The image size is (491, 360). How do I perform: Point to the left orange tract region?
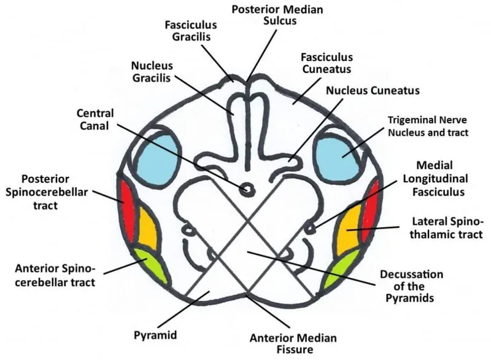[147, 229]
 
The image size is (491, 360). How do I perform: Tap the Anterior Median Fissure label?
[284, 344]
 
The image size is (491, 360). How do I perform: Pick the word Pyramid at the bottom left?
[155, 335]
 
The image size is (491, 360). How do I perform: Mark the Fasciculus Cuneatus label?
[323, 62]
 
